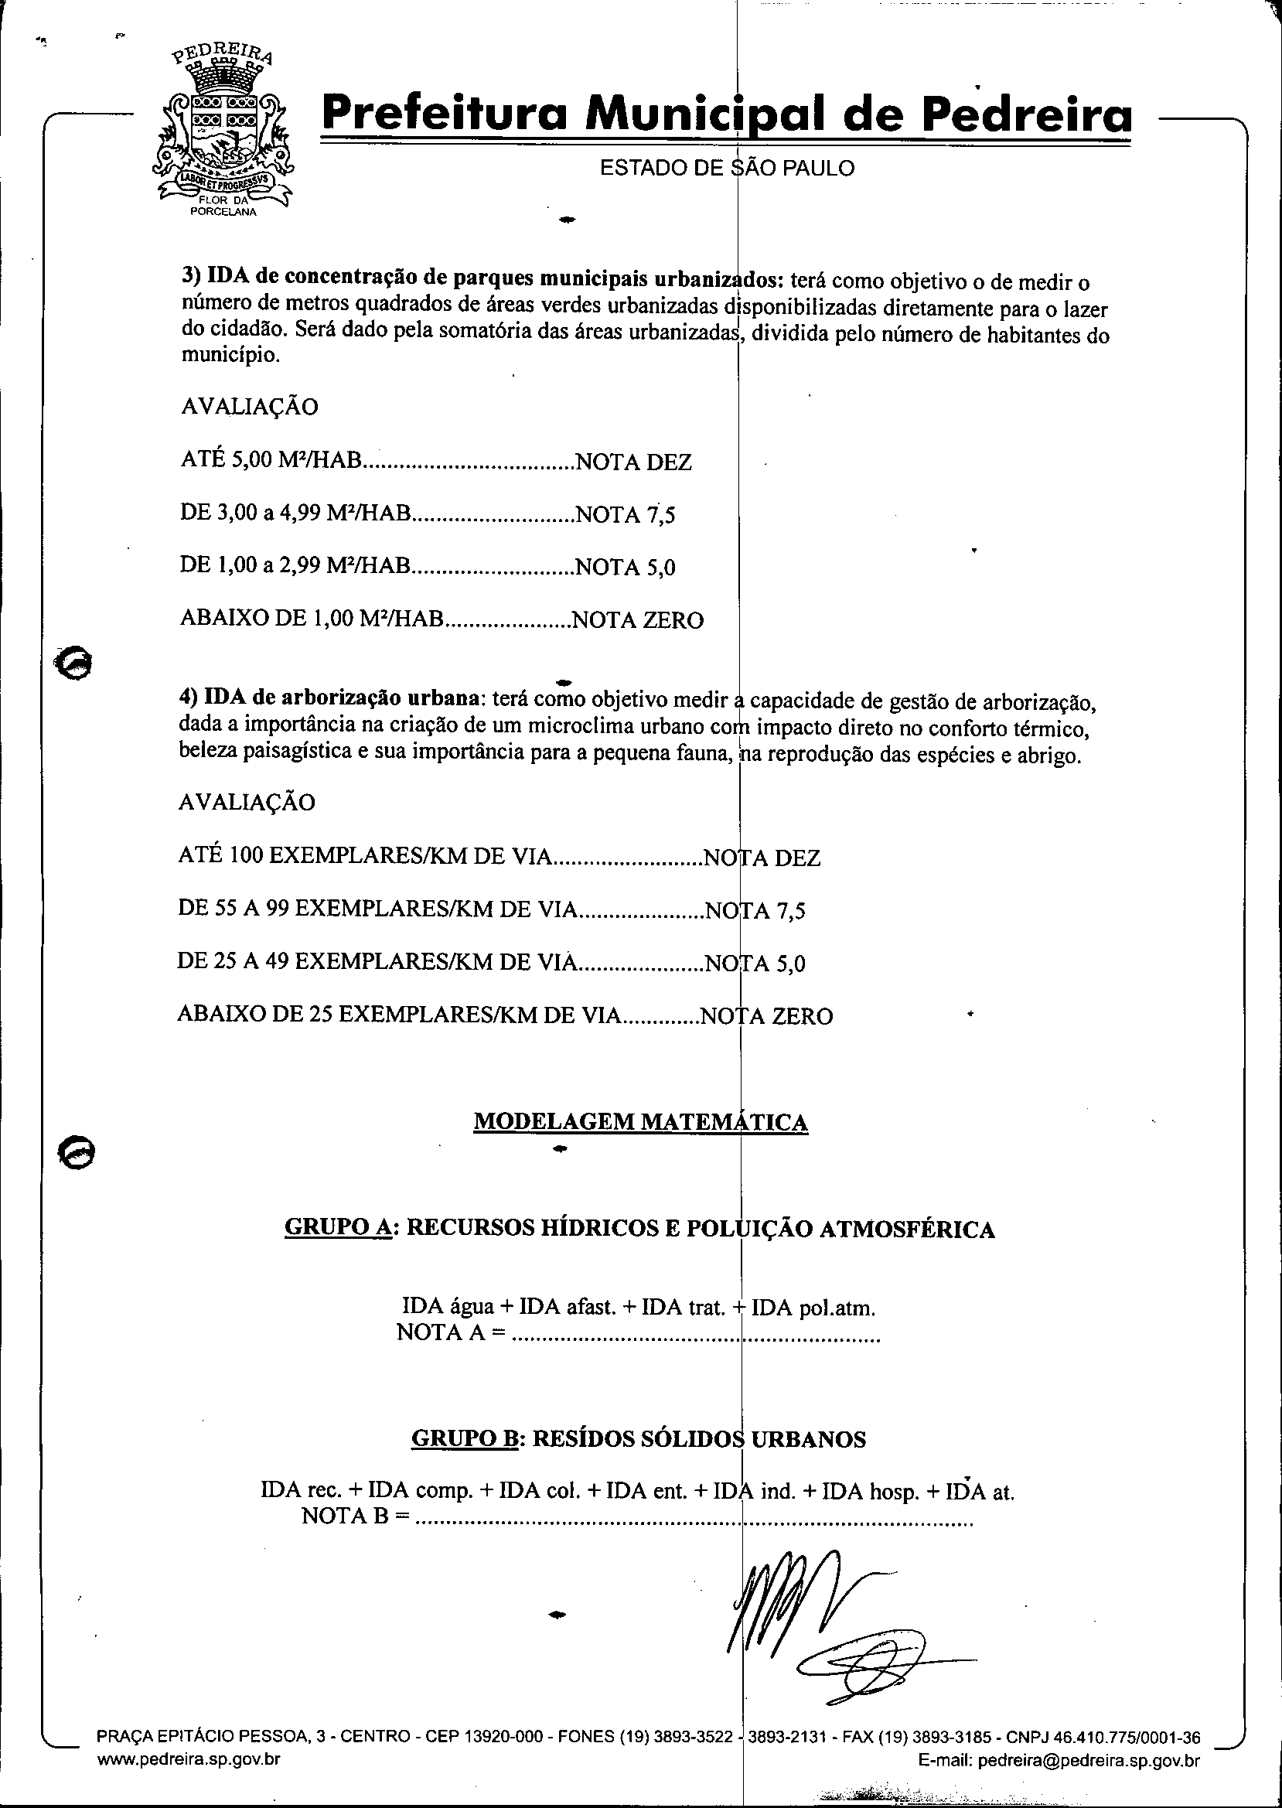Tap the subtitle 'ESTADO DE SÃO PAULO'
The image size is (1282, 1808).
click(726, 168)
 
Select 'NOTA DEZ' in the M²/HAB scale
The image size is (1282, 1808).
click(634, 462)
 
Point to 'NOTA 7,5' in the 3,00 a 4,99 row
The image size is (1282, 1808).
click(626, 515)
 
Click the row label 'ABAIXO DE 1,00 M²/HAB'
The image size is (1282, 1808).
click(312, 619)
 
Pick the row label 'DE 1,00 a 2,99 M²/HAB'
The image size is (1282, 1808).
click(296, 567)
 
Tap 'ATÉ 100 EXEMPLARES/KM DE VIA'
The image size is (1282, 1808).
click(364, 857)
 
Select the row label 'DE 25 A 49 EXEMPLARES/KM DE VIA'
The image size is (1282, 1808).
click(375, 962)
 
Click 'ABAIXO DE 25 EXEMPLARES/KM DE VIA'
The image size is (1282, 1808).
click(400, 1015)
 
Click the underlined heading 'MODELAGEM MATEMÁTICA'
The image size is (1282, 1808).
click(640, 1122)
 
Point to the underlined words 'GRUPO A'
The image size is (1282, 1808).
click(338, 1229)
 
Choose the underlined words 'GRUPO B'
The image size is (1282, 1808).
click(464, 1439)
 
